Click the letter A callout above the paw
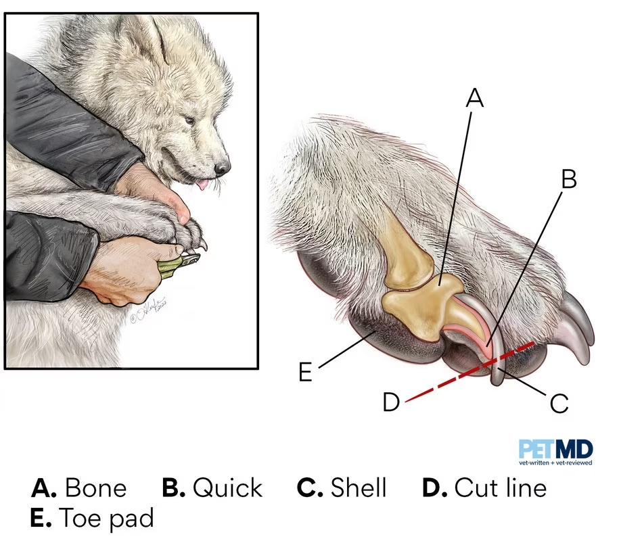click(476, 98)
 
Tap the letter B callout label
click(568, 179)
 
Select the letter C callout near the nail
click(558, 404)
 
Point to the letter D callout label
click(391, 402)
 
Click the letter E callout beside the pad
click(306, 372)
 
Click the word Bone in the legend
click(96, 488)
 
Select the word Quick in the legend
click(227, 488)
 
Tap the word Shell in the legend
click(359, 488)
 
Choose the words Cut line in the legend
click(500, 488)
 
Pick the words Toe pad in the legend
click(107, 519)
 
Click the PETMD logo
click(556, 451)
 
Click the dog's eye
click(189, 121)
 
